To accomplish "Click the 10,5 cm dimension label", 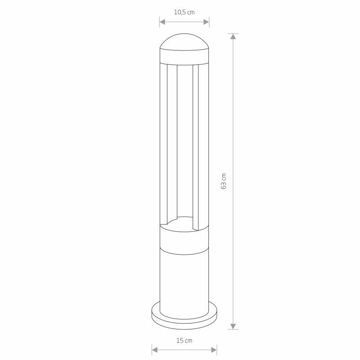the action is pyautogui.click(x=184, y=12).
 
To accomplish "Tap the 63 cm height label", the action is pyautogui.click(x=223, y=181).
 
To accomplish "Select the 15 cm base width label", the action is pyautogui.click(x=184, y=341).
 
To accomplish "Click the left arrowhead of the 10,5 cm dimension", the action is pyautogui.click(x=162, y=22).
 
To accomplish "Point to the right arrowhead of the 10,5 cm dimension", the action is pyautogui.click(x=206, y=22).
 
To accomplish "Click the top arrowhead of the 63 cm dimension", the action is pyautogui.click(x=233, y=36).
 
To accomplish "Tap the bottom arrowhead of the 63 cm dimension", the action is pyautogui.click(x=233, y=326).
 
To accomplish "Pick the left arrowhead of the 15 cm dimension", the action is pyautogui.click(x=154, y=350).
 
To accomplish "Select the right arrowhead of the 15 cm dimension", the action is pyautogui.click(x=214, y=350).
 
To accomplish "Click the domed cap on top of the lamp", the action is pyautogui.click(x=184, y=42).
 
